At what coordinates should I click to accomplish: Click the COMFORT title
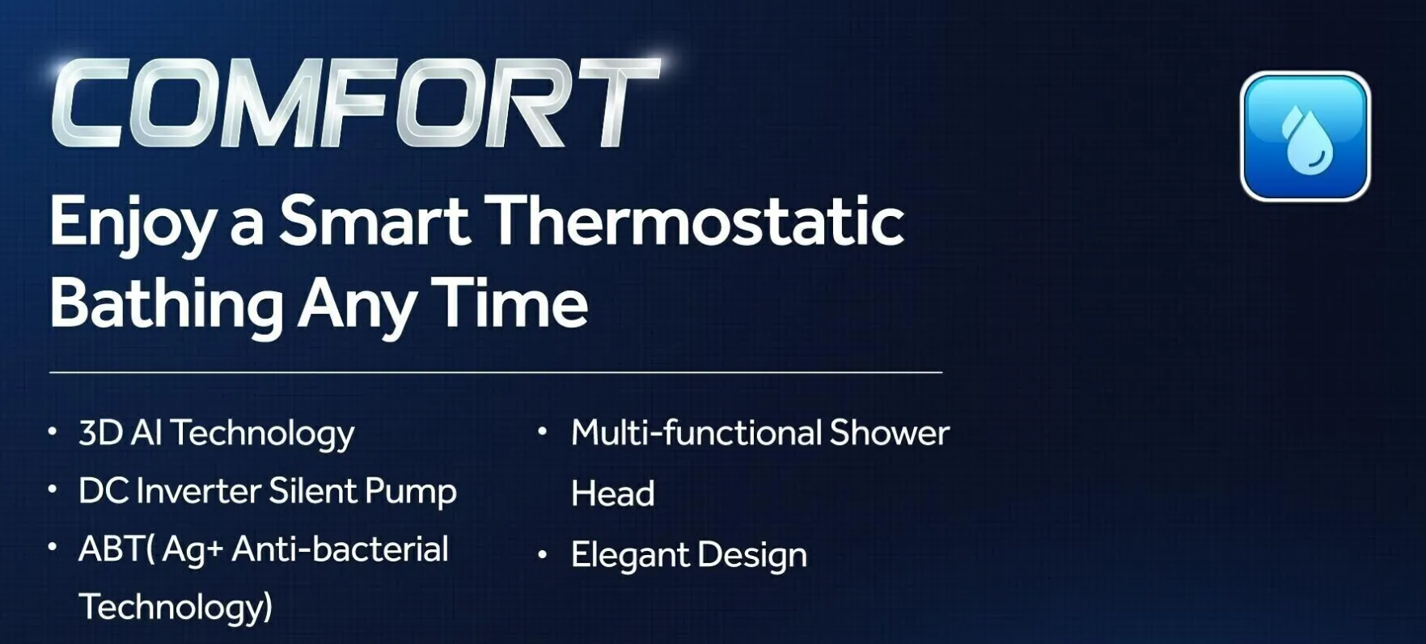356,103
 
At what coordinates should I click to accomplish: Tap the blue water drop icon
1305,136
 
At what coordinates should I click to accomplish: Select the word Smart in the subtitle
374,220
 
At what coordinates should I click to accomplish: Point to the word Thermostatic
698,220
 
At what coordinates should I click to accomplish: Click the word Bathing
167,305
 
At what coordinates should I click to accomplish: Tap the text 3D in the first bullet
99,433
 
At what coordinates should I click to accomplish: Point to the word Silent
312,490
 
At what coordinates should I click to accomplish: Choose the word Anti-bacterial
340,549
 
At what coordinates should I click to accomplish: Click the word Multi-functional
696,433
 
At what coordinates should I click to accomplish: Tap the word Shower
890,433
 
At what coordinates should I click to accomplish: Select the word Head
613,494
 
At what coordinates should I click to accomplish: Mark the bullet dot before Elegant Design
543,555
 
